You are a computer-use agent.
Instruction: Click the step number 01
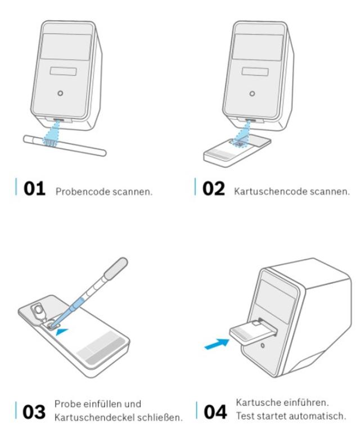pos(34,189)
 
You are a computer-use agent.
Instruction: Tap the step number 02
pos(214,189)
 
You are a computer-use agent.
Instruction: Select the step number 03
pos(34,412)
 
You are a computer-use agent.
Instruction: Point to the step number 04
pos(215,412)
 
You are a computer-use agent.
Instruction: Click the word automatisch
pos(317,416)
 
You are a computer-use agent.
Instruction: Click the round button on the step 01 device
pos(60,93)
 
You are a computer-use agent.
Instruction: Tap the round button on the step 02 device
pos(252,93)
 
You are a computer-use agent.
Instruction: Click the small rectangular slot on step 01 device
pos(63,71)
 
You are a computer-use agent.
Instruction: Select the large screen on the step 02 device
pos(258,47)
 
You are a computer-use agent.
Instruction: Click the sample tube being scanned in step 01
pos(65,146)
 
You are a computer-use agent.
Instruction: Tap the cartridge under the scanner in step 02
pos(237,151)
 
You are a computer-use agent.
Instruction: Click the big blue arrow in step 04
pos(217,344)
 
